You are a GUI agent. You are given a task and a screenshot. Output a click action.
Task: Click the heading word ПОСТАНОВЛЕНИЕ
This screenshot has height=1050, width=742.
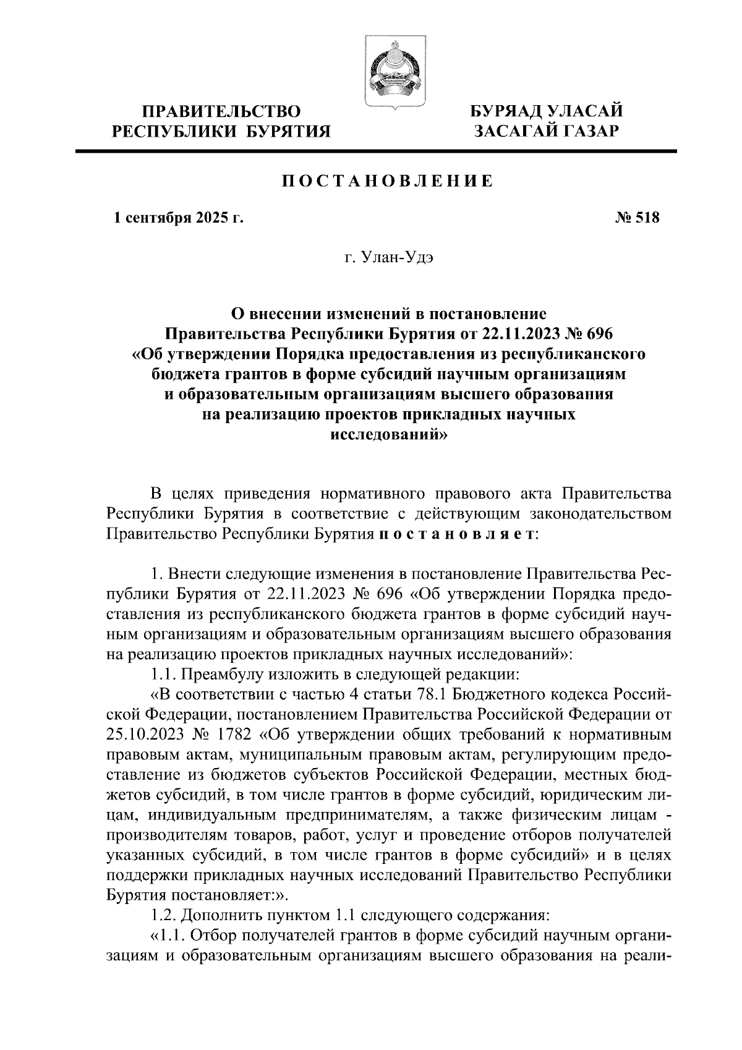[388, 182]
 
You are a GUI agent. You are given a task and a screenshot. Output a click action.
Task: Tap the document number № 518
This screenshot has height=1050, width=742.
[638, 218]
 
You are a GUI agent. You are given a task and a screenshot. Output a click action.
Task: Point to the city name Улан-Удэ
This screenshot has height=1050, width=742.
[407, 257]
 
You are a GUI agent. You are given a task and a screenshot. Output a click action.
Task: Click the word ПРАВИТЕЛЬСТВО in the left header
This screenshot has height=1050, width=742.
[221, 111]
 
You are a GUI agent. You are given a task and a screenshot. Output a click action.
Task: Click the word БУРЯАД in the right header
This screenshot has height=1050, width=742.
[505, 111]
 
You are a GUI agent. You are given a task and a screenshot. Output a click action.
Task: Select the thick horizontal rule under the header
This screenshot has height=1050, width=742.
[376, 151]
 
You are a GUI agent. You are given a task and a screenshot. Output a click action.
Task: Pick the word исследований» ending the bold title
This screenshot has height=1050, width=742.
[388, 435]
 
